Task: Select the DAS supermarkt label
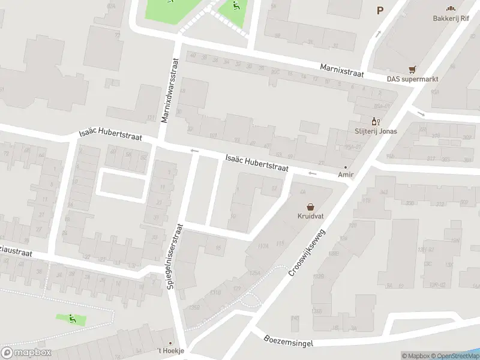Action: pyautogui.click(x=412, y=79)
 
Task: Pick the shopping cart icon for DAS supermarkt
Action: pyautogui.click(x=412, y=69)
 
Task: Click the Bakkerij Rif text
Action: pyautogui.click(x=451, y=18)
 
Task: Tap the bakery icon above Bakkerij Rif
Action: pyautogui.click(x=451, y=8)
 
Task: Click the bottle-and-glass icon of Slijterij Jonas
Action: pyautogui.click(x=376, y=121)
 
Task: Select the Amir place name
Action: pyautogui.click(x=346, y=175)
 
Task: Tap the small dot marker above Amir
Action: pyautogui.click(x=346, y=167)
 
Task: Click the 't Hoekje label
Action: pyautogui.click(x=170, y=351)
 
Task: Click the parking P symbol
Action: pyautogui.click(x=379, y=10)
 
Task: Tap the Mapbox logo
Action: pyautogui.click(x=26, y=353)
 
